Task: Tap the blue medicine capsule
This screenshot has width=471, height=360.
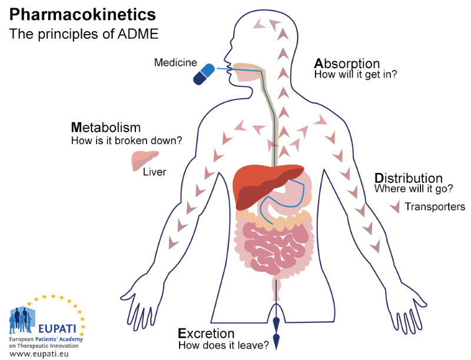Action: [204, 74]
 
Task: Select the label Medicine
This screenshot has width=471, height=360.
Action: [175, 62]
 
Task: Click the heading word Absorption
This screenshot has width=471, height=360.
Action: [347, 64]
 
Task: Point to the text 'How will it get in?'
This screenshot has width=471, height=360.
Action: [356, 74]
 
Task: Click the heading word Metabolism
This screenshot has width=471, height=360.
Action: [106, 128]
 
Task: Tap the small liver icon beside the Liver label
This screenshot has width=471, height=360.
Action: [145, 161]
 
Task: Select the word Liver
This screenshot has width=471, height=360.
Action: [154, 172]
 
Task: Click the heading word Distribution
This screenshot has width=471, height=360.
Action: [409, 178]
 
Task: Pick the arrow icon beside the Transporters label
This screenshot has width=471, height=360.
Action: [395, 206]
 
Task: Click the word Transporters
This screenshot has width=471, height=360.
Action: [435, 206]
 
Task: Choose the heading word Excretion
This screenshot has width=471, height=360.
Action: [206, 334]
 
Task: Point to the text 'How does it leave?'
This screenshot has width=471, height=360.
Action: [224, 345]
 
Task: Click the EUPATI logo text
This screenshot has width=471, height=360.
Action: [57, 329]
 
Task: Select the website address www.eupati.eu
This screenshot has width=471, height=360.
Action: [39, 354]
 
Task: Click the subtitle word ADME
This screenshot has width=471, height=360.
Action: [138, 34]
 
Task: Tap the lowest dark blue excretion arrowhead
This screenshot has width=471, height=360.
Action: [276, 341]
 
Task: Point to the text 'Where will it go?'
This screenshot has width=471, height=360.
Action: [414, 189]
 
